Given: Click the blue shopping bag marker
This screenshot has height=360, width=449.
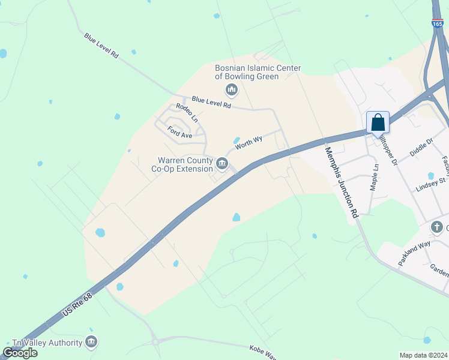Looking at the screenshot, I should point(378,122).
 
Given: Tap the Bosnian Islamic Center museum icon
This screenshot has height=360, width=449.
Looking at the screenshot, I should point(231,91).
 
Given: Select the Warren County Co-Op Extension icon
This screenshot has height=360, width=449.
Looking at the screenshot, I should point(221,163).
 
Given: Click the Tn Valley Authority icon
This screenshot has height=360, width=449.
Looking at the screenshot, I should point(91,343).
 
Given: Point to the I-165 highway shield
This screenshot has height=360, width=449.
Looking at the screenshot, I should point(437,23).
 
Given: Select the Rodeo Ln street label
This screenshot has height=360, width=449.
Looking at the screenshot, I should point(187,112).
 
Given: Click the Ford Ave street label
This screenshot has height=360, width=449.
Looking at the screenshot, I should point(179,132).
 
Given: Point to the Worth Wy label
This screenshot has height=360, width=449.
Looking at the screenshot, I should point(249,143).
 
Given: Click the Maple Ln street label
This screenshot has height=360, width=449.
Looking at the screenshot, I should point(374,178).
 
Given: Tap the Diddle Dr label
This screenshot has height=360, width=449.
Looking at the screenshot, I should point(421,147).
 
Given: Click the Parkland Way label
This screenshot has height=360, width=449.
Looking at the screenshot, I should point(414,254).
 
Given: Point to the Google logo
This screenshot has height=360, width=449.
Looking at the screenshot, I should point(20,353).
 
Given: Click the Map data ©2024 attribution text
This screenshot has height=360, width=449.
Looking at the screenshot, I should point(423,355).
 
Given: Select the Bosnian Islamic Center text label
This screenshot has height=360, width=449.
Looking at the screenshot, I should point(258,73).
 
